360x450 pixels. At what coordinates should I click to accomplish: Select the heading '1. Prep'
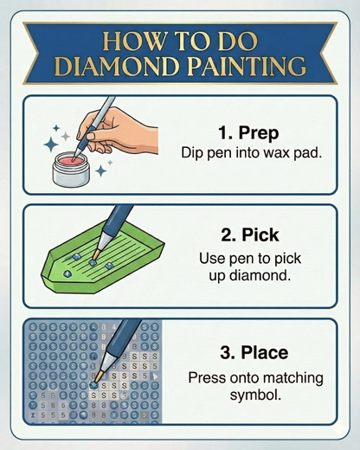point(248,133)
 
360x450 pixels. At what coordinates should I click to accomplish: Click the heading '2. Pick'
point(250,235)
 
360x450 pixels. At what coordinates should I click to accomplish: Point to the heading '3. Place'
point(254,352)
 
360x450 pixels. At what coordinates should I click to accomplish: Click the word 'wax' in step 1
point(276,153)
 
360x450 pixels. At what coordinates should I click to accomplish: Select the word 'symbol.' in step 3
point(255,395)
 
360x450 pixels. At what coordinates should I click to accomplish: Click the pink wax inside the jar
point(71,159)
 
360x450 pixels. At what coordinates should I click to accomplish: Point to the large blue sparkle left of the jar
point(51,144)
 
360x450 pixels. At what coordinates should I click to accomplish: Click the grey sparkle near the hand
point(66,136)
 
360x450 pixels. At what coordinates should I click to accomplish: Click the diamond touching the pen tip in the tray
point(93,262)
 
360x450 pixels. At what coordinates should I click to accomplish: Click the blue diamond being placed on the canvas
point(93,385)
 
